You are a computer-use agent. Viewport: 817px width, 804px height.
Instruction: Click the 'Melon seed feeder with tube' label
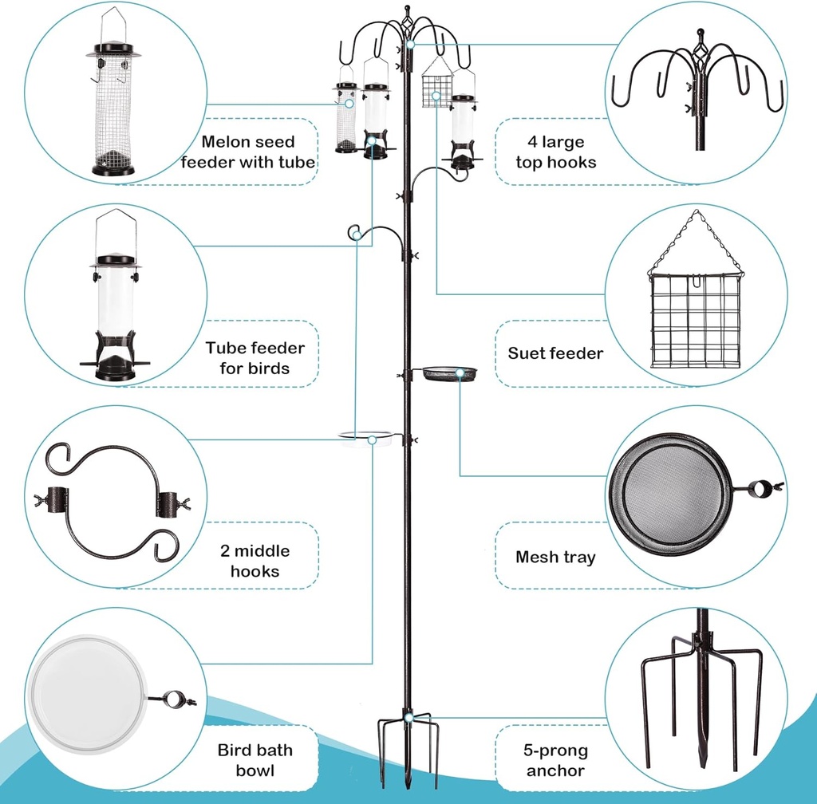[x=247, y=152]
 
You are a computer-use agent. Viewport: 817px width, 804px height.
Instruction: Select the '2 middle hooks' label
[x=255, y=561]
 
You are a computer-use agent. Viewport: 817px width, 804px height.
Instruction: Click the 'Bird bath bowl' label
[x=255, y=760]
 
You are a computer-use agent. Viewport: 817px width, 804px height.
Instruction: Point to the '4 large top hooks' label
[x=555, y=152]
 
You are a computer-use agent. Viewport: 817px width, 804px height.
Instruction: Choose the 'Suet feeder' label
[x=555, y=353]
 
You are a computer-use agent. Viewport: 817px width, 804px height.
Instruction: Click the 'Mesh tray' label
[x=555, y=557]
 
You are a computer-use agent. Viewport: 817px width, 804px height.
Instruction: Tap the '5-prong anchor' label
[x=555, y=760]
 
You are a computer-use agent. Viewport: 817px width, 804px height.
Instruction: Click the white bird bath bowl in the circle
[x=88, y=694]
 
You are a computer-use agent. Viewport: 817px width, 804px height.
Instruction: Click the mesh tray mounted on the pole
[x=449, y=373]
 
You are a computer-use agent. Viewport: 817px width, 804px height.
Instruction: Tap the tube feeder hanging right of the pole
[x=462, y=128]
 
